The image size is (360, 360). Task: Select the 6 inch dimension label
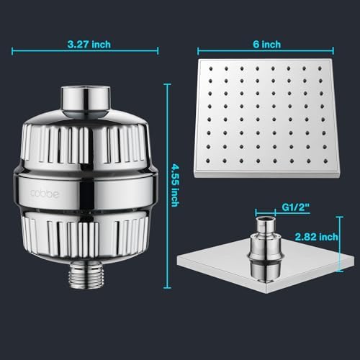click(266, 44)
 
